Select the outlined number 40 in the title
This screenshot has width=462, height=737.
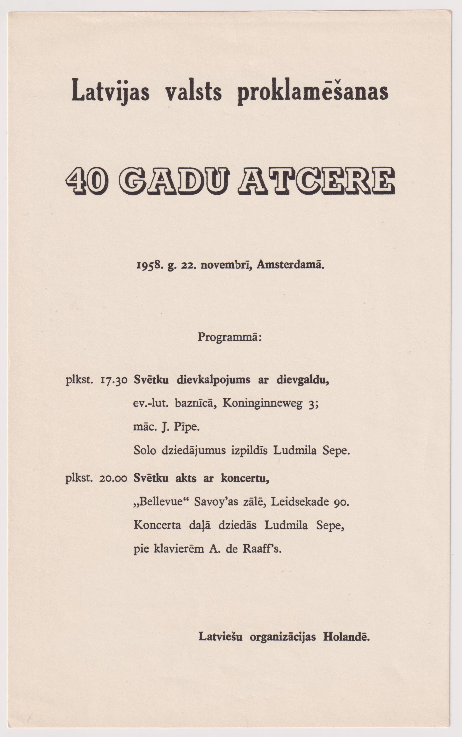86,181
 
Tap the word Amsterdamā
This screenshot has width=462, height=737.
290,264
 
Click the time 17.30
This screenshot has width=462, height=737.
114,381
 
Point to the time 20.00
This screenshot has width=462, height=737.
113,478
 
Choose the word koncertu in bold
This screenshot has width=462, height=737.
245,478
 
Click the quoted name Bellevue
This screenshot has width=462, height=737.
162,502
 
